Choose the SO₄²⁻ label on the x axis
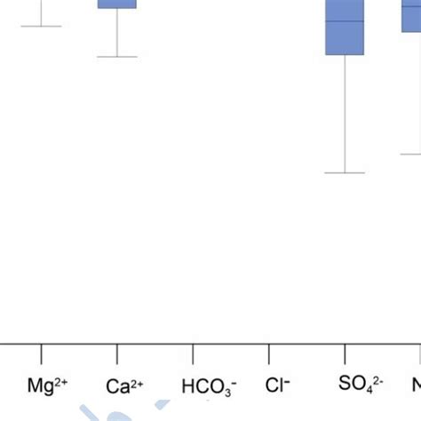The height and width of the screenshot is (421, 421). (360, 384)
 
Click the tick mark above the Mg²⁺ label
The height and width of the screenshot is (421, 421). (41, 353)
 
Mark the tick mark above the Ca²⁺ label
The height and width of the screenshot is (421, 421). (117, 353)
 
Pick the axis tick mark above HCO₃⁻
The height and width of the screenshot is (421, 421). (193, 353)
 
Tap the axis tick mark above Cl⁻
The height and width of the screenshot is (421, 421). (269, 353)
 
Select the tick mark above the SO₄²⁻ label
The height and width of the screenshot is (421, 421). (345, 353)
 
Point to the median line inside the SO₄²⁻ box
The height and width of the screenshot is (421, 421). (345, 20)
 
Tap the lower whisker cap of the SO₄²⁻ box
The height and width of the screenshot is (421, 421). (345, 172)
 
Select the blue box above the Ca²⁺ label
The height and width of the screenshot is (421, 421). (117, 4)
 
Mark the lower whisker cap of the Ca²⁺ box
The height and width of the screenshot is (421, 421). (117, 57)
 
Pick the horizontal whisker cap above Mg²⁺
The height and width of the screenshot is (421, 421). (41, 27)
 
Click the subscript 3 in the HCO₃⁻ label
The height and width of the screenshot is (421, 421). (225, 392)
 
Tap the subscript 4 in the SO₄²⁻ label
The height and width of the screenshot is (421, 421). (371, 389)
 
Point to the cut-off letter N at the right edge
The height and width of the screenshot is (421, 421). (417, 385)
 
